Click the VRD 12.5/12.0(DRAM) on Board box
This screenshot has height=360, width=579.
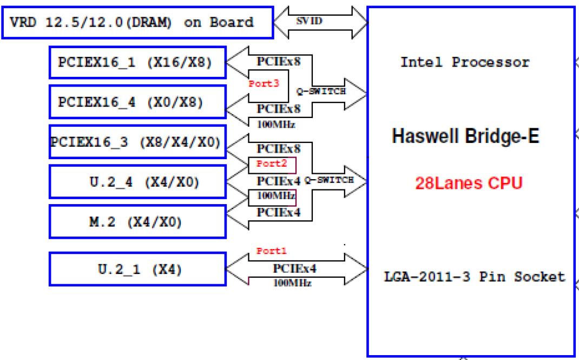[137, 23]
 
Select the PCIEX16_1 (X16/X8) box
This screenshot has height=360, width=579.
[137, 62]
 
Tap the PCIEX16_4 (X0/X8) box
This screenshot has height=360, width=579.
[137, 102]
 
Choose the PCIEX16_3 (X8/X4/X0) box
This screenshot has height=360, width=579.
[137, 142]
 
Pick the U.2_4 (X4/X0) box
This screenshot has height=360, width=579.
[137, 182]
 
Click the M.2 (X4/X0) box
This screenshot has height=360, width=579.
[137, 222]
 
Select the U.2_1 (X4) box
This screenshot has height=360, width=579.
[137, 269]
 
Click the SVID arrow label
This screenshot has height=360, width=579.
[309, 21]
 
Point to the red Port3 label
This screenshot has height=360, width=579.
[264, 84]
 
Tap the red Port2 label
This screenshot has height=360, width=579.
[271, 163]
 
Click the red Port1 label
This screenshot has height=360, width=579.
[271, 251]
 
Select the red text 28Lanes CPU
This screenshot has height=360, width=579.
[469, 183]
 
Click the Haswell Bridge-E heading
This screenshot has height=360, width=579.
[465, 136]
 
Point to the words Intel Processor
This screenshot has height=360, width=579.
[465, 62]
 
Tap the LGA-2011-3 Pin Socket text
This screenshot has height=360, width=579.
[474, 277]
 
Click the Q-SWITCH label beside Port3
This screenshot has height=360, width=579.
[321, 91]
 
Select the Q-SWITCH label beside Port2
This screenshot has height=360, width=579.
[329, 179]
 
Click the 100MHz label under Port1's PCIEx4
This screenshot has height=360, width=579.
[292, 282]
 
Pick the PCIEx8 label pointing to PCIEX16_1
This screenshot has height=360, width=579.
[279, 61]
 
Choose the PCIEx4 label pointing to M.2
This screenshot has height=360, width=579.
[279, 213]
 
